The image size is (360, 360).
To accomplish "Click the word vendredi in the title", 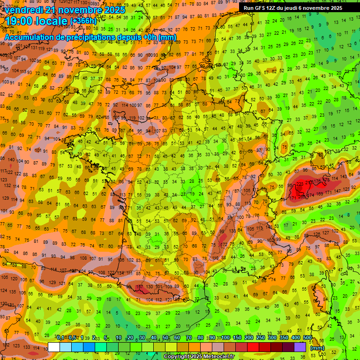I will pos(24,10).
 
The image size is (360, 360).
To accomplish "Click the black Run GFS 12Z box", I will pos(293,8).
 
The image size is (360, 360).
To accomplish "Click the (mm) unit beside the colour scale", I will pos(317,347).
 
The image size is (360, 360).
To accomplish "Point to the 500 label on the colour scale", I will pos(307,337).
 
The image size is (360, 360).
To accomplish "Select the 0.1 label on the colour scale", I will pos(60,337).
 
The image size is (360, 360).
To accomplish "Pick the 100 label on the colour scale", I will pos(225,337).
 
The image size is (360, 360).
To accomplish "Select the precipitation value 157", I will pos(139,287).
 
